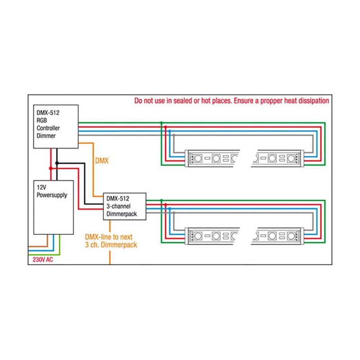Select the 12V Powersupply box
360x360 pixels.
pyautogui.click(x=54, y=207)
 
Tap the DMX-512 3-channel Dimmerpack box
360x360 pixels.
pyautogui.click(x=125, y=207)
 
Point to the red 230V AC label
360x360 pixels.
pyautogui.click(x=42, y=260)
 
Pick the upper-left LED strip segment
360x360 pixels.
pyautogui.click(x=212, y=158)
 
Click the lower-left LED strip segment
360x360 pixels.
pyautogui.click(x=212, y=236)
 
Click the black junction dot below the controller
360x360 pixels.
pyautogui.click(x=57, y=162)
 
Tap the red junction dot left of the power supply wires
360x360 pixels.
pyautogui.click(x=50, y=168)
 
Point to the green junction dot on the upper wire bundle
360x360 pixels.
pyautogui.click(x=161, y=122)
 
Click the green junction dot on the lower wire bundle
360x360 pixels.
pyautogui.click(x=161, y=200)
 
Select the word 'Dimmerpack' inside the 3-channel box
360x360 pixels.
pyautogui.click(x=121, y=214)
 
